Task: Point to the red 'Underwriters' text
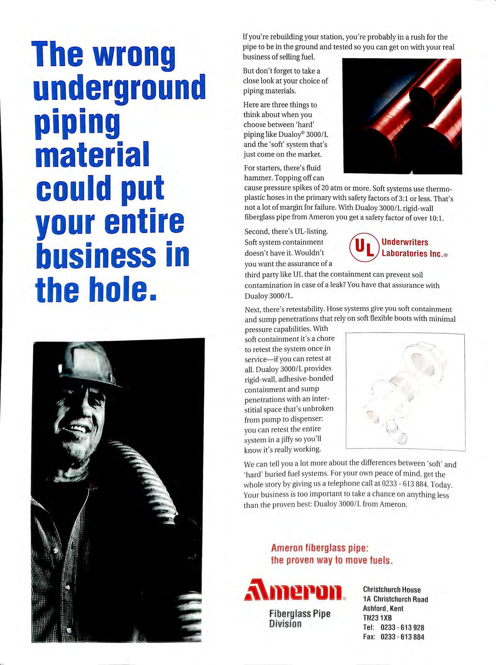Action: pos(405,242)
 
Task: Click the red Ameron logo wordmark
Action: pos(295,591)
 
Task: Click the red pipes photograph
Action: pos(402,116)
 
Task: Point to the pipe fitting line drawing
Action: pos(405,392)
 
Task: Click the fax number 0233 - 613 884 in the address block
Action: pos(402,636)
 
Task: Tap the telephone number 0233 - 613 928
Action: pos(402,627)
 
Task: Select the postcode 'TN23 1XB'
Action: pos(377,618)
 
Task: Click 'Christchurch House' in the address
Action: pos(392,590)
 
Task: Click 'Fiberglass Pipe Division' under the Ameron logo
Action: pos(299,618)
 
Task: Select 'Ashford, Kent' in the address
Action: pos(383,609)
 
